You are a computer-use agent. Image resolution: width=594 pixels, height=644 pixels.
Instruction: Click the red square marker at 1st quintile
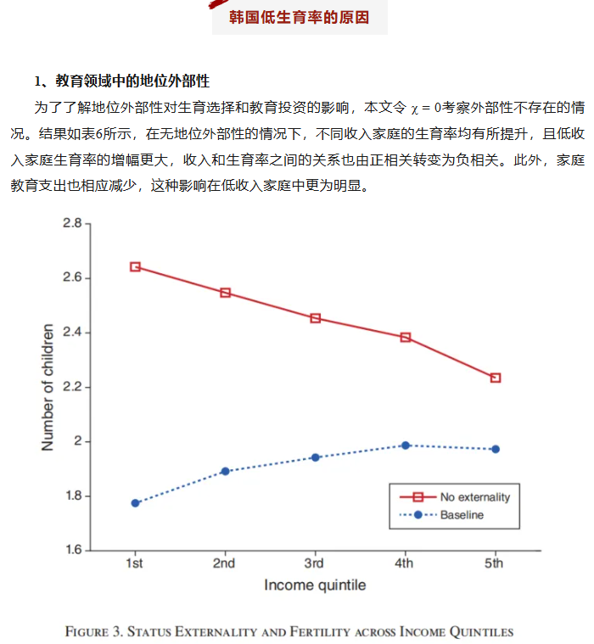(x=135, y=266)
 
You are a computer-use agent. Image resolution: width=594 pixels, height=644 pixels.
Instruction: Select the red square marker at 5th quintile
(x=496, y=378)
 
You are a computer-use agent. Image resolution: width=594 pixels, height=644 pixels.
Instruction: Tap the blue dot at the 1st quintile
(x=135, y=503)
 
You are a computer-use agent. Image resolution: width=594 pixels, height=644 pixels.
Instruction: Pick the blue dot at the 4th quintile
(x=406, y=445)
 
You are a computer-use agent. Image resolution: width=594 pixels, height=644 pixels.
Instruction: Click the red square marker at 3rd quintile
(x=316, y=318)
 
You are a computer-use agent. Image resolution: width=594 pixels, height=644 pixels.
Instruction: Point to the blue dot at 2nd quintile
(x=225, y=471)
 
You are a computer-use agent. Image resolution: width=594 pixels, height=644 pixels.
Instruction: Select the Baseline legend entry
(x=462, y=515)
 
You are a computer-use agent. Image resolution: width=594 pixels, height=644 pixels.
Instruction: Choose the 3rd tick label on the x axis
(x=314, y=564)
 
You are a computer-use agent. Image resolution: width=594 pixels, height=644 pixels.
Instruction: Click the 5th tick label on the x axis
(x=494, y=564)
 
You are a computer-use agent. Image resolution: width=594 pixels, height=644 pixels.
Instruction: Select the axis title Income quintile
(x=315, y=585)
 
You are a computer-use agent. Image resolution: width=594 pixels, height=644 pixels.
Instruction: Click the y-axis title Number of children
(x=48, y=387)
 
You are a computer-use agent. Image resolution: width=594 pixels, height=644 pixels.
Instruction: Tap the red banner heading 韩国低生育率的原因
(x=300, y=17)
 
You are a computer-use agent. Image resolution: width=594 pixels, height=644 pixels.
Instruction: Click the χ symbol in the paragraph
(x=414, y=109)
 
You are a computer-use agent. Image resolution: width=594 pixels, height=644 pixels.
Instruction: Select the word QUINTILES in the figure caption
(x=481, y=631)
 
